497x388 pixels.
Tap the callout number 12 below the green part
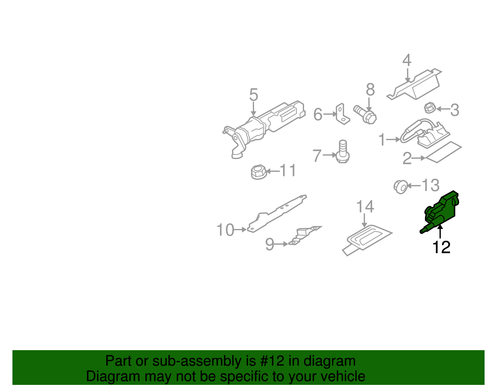click(x=441, y=248)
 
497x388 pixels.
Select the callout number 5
click(x=253, y=95)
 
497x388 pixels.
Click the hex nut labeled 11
click(x=258, y=172)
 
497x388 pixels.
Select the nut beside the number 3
click(x=430, y=108)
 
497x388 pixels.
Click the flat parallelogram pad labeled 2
click(x=444, y=152)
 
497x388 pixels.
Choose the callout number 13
click(x=431, y=185)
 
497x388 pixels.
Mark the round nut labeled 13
click(x=400, y=187)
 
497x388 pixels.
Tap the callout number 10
click(x=225, y=230)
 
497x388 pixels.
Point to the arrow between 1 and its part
click(x=394, y=140)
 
